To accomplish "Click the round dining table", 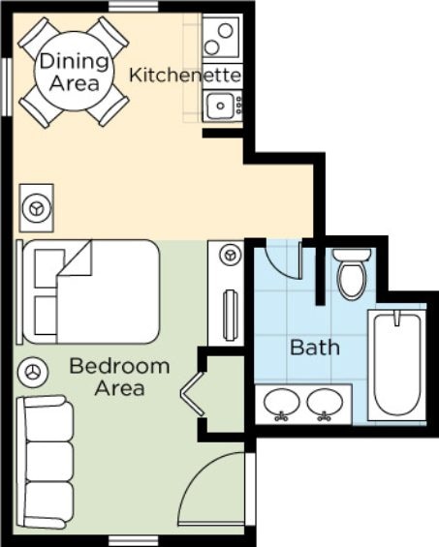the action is pos(74,72).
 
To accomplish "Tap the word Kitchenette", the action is pos(185,75).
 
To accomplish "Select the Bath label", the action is pos(315,348).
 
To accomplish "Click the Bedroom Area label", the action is pos(119,378).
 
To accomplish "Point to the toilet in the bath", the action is pos(352,275).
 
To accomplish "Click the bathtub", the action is pos(397,365).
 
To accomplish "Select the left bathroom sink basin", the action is pos(281,402).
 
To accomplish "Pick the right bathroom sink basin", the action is pos(325,402).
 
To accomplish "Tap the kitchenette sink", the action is pos(220,106).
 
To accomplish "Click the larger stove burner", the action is pos(225,30).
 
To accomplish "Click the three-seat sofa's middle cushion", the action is pos(49,462).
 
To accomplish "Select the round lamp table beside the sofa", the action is pos(32,372).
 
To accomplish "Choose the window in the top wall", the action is pos(134,6).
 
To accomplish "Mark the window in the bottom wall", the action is pos(134,542).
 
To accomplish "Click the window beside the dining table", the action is pos(7,87).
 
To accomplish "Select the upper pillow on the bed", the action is pos(49,268).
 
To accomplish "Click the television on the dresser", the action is pos(231,316).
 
